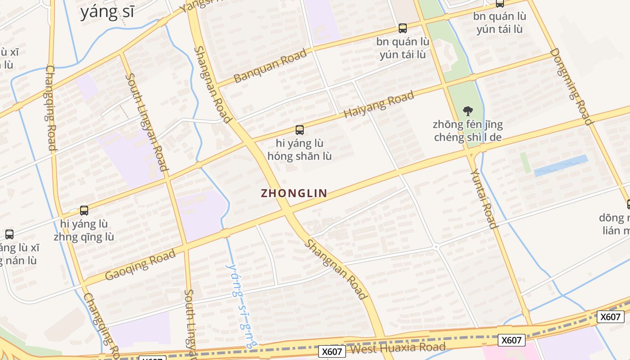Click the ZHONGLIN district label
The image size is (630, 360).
(294, 193)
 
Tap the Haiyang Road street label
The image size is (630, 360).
(378, 105)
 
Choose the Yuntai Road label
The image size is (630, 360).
(484, 198)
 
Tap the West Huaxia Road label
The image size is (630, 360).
(398, 348)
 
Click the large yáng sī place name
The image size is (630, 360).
(107, 12)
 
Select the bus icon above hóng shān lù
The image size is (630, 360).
(299, 130)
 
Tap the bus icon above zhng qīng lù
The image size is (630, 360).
(84, 210)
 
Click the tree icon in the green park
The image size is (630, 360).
(468, 110)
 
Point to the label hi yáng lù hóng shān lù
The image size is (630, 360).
(300, 150)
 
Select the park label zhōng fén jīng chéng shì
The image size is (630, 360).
(468, 130)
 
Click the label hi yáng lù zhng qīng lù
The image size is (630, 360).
(84, 230)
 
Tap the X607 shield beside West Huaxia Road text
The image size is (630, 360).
(332, 351)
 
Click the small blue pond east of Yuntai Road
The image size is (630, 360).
(561, 166)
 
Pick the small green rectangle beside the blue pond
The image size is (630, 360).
(525, 162)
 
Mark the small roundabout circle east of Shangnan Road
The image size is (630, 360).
(436, 247)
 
